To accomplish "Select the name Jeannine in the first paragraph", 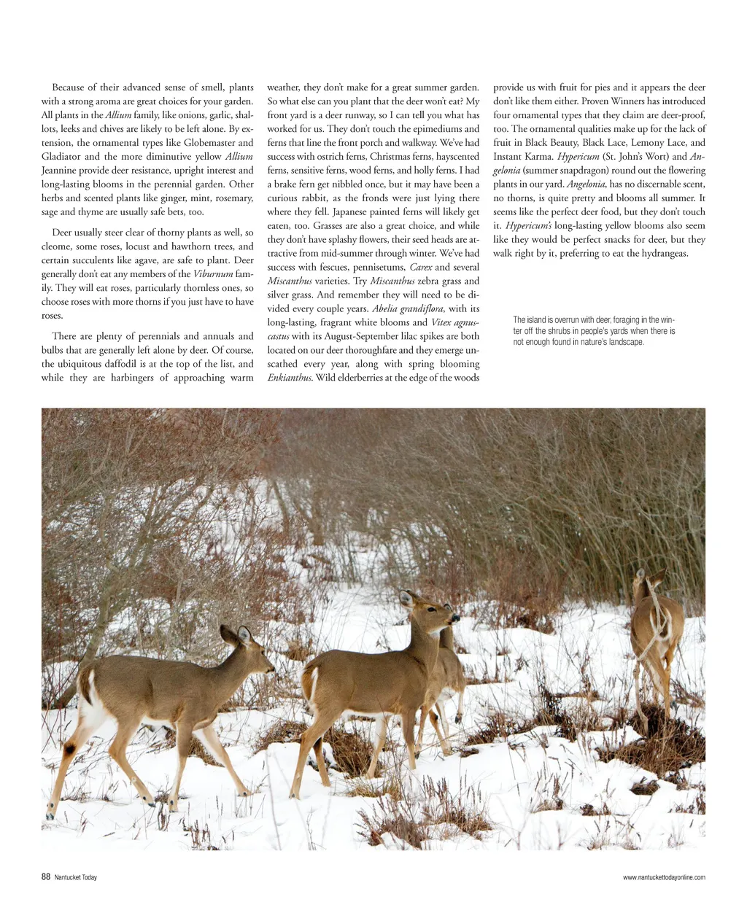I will click(x=61, y=171).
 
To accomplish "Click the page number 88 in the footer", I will click(x=46, y=877).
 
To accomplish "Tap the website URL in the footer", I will click(x=664, y=878).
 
